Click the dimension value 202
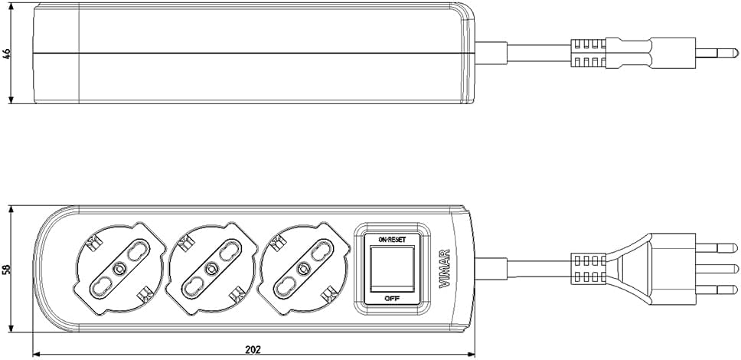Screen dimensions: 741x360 click(253, 349)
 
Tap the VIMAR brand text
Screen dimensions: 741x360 click(445, 268)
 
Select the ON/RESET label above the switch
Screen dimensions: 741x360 click(392, 240)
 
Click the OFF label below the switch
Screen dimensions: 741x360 click(392, 299)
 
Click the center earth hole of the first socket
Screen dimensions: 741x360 click(119, 269)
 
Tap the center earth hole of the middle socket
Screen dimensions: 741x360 click(211, 269)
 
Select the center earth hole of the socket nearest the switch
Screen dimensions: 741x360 click(302, 269)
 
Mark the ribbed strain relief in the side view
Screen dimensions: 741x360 click(589, 54)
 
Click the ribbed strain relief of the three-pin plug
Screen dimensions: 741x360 click(589, 269)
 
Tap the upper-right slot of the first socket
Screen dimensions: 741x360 click(137, 250)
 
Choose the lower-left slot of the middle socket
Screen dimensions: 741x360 click(193, 287)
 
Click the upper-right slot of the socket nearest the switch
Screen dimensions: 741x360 click(321, 250)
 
